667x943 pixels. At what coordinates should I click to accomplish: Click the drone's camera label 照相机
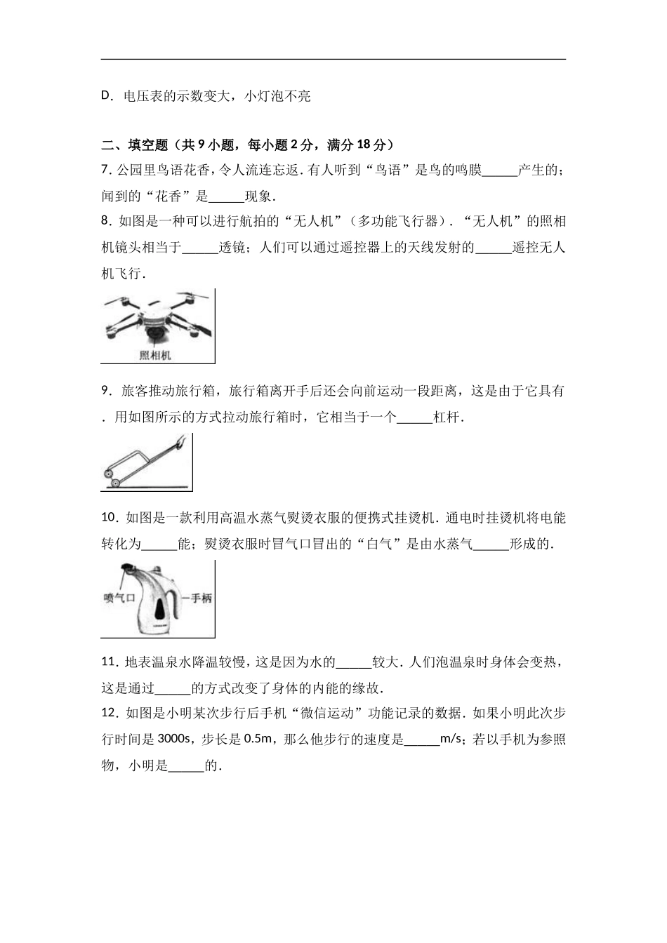(x=155, y=355)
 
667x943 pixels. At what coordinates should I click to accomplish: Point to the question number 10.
(x=109, y=518)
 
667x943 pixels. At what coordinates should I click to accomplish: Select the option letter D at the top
(x=107, y=96)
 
